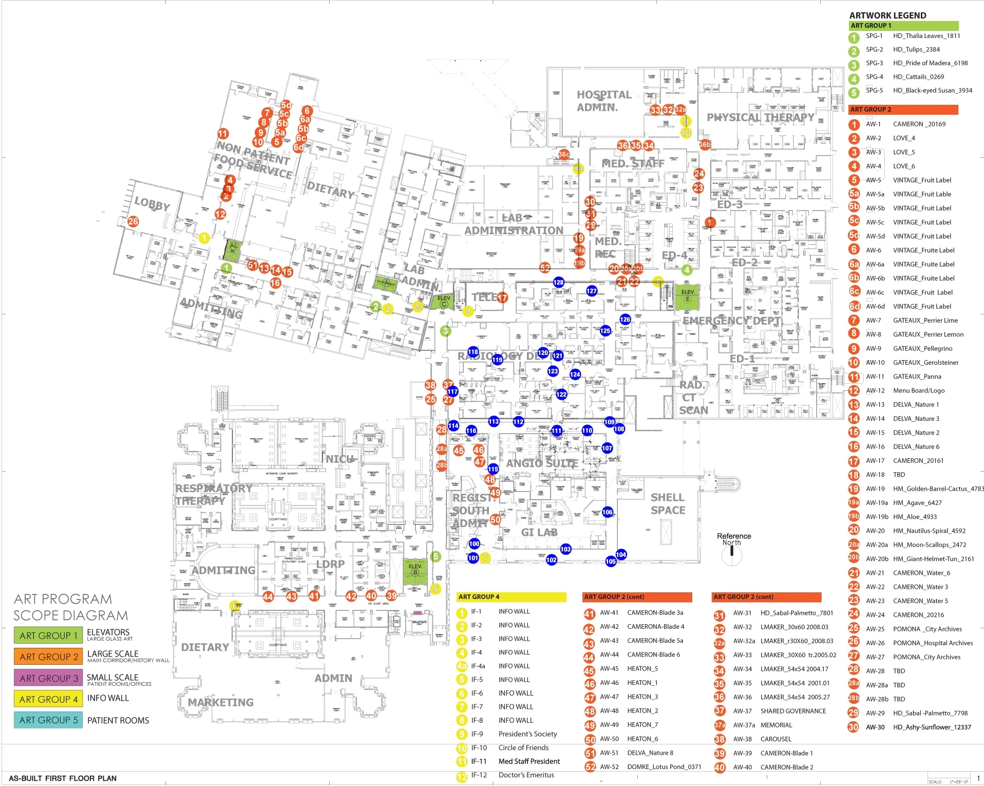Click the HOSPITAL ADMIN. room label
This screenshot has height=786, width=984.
[603, 101]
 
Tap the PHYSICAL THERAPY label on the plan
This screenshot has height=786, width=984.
[760, 118]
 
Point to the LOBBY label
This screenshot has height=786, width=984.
[152, 203]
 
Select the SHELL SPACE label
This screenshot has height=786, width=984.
[668, 503]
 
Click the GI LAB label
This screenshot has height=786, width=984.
[539, 532]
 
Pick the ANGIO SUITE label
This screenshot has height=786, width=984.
[542, 463]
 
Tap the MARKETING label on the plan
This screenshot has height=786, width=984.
[220, 702]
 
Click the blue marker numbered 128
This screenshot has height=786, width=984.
[558, 282]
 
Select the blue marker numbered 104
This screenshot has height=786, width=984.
[621, 554]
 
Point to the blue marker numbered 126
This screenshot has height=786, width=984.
[625, 319]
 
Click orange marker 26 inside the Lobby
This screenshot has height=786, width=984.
[133, 221]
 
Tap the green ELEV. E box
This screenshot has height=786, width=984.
[687, 296]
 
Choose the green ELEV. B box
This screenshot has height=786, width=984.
[415, 569]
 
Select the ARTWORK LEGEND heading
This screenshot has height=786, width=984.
[887, 15]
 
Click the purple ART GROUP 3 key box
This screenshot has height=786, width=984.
[48, 678]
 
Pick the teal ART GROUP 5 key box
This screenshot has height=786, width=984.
[48, 720]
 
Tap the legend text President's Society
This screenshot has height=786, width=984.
[527, 734]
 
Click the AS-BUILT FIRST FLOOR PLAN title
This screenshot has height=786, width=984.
[63, 778]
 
